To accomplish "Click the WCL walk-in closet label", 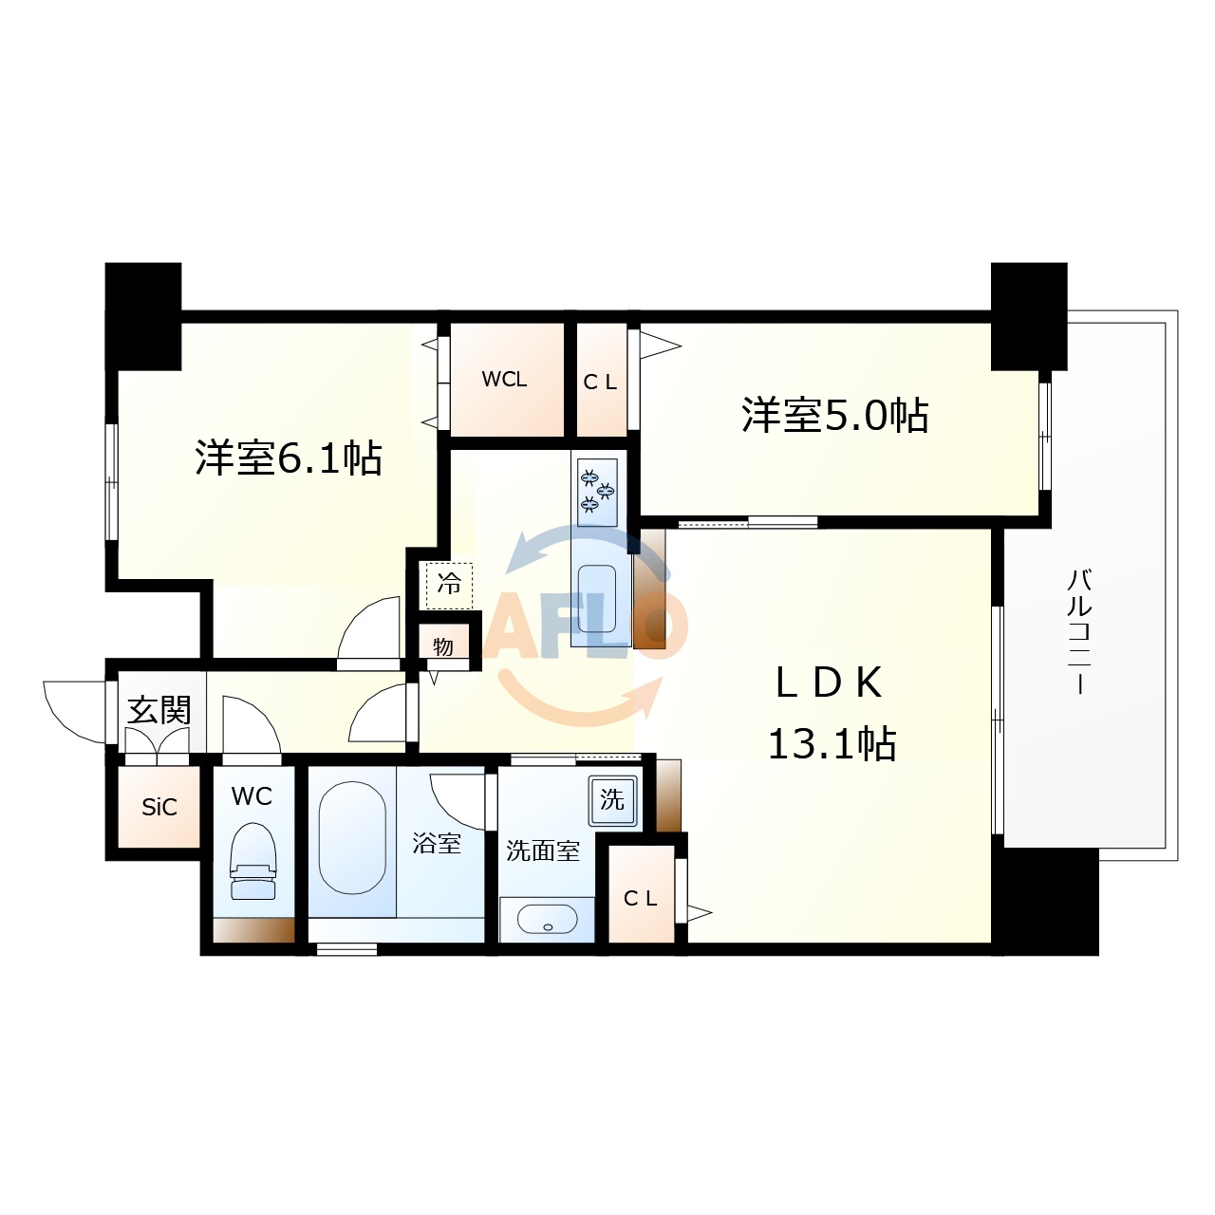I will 504,380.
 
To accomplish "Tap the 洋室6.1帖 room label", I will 289,458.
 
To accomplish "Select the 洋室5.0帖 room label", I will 834,416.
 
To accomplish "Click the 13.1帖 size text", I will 832,744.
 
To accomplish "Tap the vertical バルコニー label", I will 1079,631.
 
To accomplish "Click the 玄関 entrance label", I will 159,710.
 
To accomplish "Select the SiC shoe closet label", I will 159,807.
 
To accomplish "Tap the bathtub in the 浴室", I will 352,837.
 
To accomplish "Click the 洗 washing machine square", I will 612,799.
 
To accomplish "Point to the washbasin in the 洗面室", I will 547,919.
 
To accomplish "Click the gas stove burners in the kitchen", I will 597,491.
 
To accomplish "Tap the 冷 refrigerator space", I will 449,584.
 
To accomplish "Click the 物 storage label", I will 443,647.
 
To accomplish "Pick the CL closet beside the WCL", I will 601,382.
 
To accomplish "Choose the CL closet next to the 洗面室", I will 641,898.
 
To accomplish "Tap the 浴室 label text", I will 437,843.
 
